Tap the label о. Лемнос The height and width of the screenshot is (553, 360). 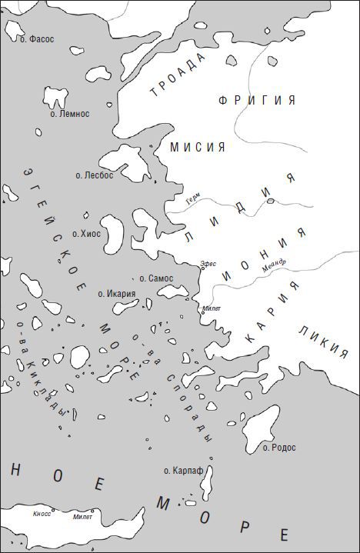tap(70, 114)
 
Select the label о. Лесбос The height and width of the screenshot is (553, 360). tap(94, 175)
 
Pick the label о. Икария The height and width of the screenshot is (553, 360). tap(117, 293)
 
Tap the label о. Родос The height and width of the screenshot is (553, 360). tap(279, 447)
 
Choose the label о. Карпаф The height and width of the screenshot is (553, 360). tap(182, 469)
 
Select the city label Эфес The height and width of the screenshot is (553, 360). tap(208, 263)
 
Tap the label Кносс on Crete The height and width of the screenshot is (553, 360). tap(42, 513)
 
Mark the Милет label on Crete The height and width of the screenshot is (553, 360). tap(82, 517)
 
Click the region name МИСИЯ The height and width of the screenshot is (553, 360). tap(197, 147)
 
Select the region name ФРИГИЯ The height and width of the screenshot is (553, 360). tap(256, 101)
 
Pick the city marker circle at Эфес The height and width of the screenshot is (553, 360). tap(202, 269)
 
